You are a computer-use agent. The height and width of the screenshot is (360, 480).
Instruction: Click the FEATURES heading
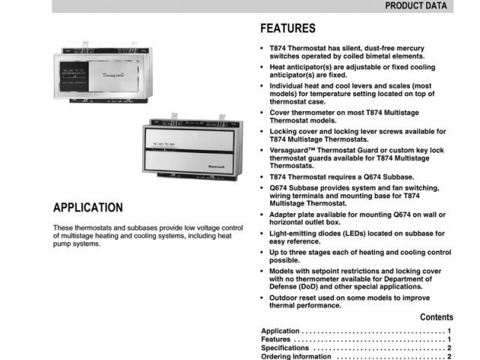tap(287, 29)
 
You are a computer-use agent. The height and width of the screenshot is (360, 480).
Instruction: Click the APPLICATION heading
tap(88, 208)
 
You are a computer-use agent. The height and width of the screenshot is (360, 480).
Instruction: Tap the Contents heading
tap(436, 317)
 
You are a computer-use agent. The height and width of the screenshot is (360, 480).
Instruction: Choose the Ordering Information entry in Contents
tap(295, 357)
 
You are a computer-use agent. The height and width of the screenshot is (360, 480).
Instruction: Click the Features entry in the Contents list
tap(276, 339)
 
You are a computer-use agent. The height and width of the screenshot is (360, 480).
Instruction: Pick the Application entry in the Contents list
tap(280, 331)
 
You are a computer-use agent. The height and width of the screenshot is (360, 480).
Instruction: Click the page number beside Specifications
tap(448, 348)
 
